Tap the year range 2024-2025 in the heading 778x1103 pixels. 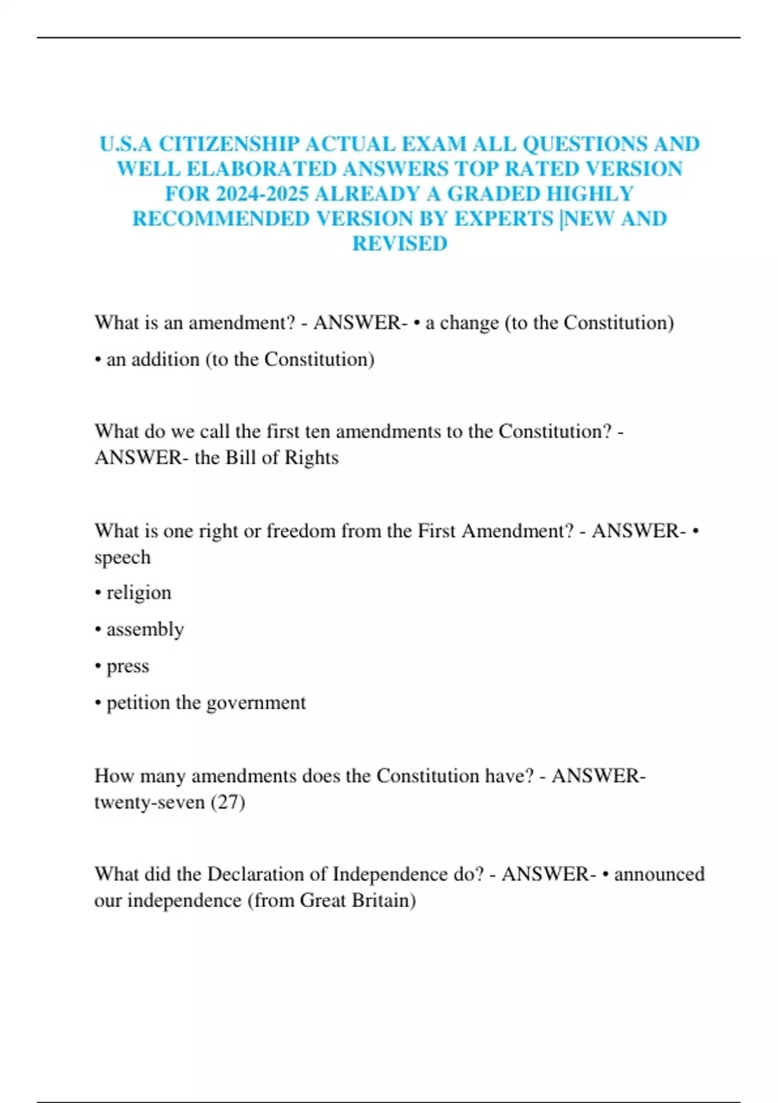click(x=262, y=194)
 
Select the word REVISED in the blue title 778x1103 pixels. click(x=399, y=244)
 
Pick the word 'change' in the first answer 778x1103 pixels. click(x=469, y=322)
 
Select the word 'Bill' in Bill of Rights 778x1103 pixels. click(x=239, y=457)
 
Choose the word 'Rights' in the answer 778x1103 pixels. click(x=311, y=458)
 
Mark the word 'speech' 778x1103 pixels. click(x=123, y=557)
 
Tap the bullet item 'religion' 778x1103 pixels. click(x=139, y=593)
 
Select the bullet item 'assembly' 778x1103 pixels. click(x=145, y=629)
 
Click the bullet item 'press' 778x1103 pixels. click(x=128, y=666)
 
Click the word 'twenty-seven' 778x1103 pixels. click(x=149, y=803)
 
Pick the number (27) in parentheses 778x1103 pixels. click(x=228, y=803)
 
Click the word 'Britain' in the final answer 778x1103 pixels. click(x=383, y=901)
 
